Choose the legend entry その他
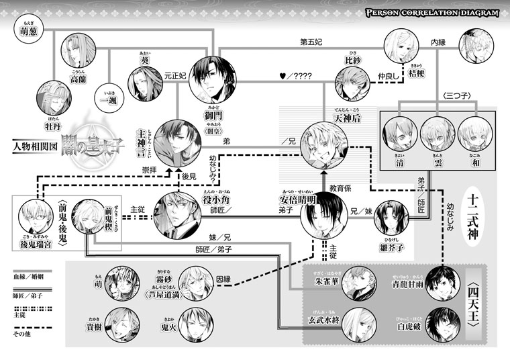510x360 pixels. [x=22, y=333]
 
